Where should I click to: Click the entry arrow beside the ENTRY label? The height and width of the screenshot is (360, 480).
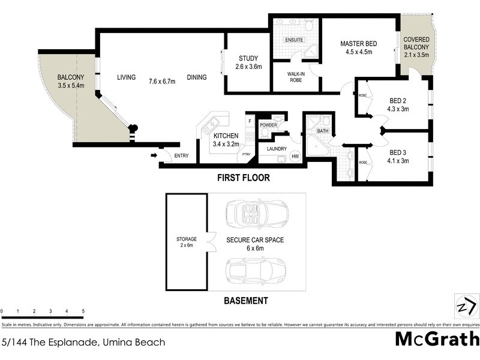point(154,156)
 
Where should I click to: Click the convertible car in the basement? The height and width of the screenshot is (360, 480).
point(256,213)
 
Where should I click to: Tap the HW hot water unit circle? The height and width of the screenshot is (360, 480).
point(295,157)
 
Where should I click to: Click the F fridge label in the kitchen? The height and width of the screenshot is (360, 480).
point(249,121)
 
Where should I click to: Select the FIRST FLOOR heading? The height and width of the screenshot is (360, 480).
point(244,178)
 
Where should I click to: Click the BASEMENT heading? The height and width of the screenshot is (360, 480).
point(245,301)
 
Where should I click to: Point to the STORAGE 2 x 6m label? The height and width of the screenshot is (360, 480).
point(186,242)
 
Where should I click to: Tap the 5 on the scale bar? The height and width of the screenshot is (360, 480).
point(83,311)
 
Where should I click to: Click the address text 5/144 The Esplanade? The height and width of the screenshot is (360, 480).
point(84,343)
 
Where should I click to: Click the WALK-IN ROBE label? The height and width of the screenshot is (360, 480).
point(296,76)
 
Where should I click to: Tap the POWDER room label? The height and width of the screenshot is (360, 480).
point(268,125)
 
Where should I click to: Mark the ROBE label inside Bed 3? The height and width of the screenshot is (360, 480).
point(362,162)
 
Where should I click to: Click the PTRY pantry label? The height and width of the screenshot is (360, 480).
point(246,154)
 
